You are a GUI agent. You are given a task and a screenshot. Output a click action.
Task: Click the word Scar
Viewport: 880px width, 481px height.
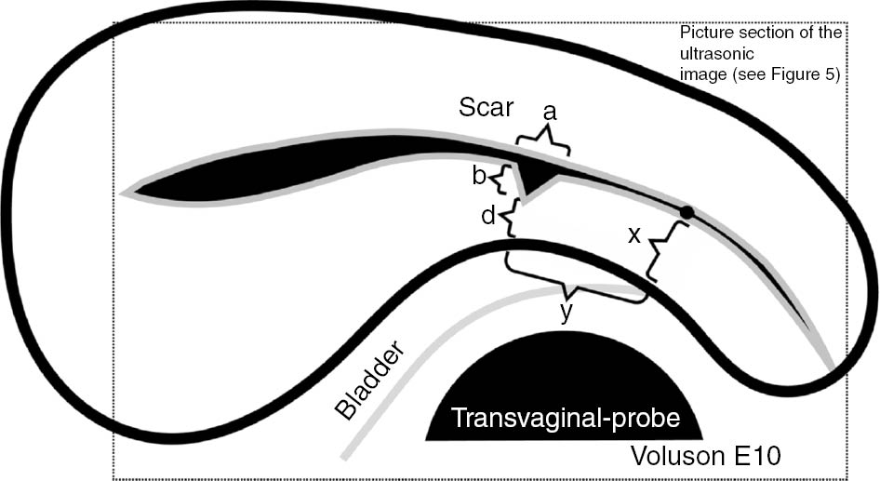pos(486,108)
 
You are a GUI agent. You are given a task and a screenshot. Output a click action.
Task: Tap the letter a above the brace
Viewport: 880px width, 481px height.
pos(549,113)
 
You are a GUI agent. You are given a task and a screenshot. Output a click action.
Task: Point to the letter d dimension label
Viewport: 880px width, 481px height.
pos(487,217)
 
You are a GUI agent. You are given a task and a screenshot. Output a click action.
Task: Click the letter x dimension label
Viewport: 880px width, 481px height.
pos(634,234)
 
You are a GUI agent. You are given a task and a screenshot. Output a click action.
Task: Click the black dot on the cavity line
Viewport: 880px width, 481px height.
pos(687,213)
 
